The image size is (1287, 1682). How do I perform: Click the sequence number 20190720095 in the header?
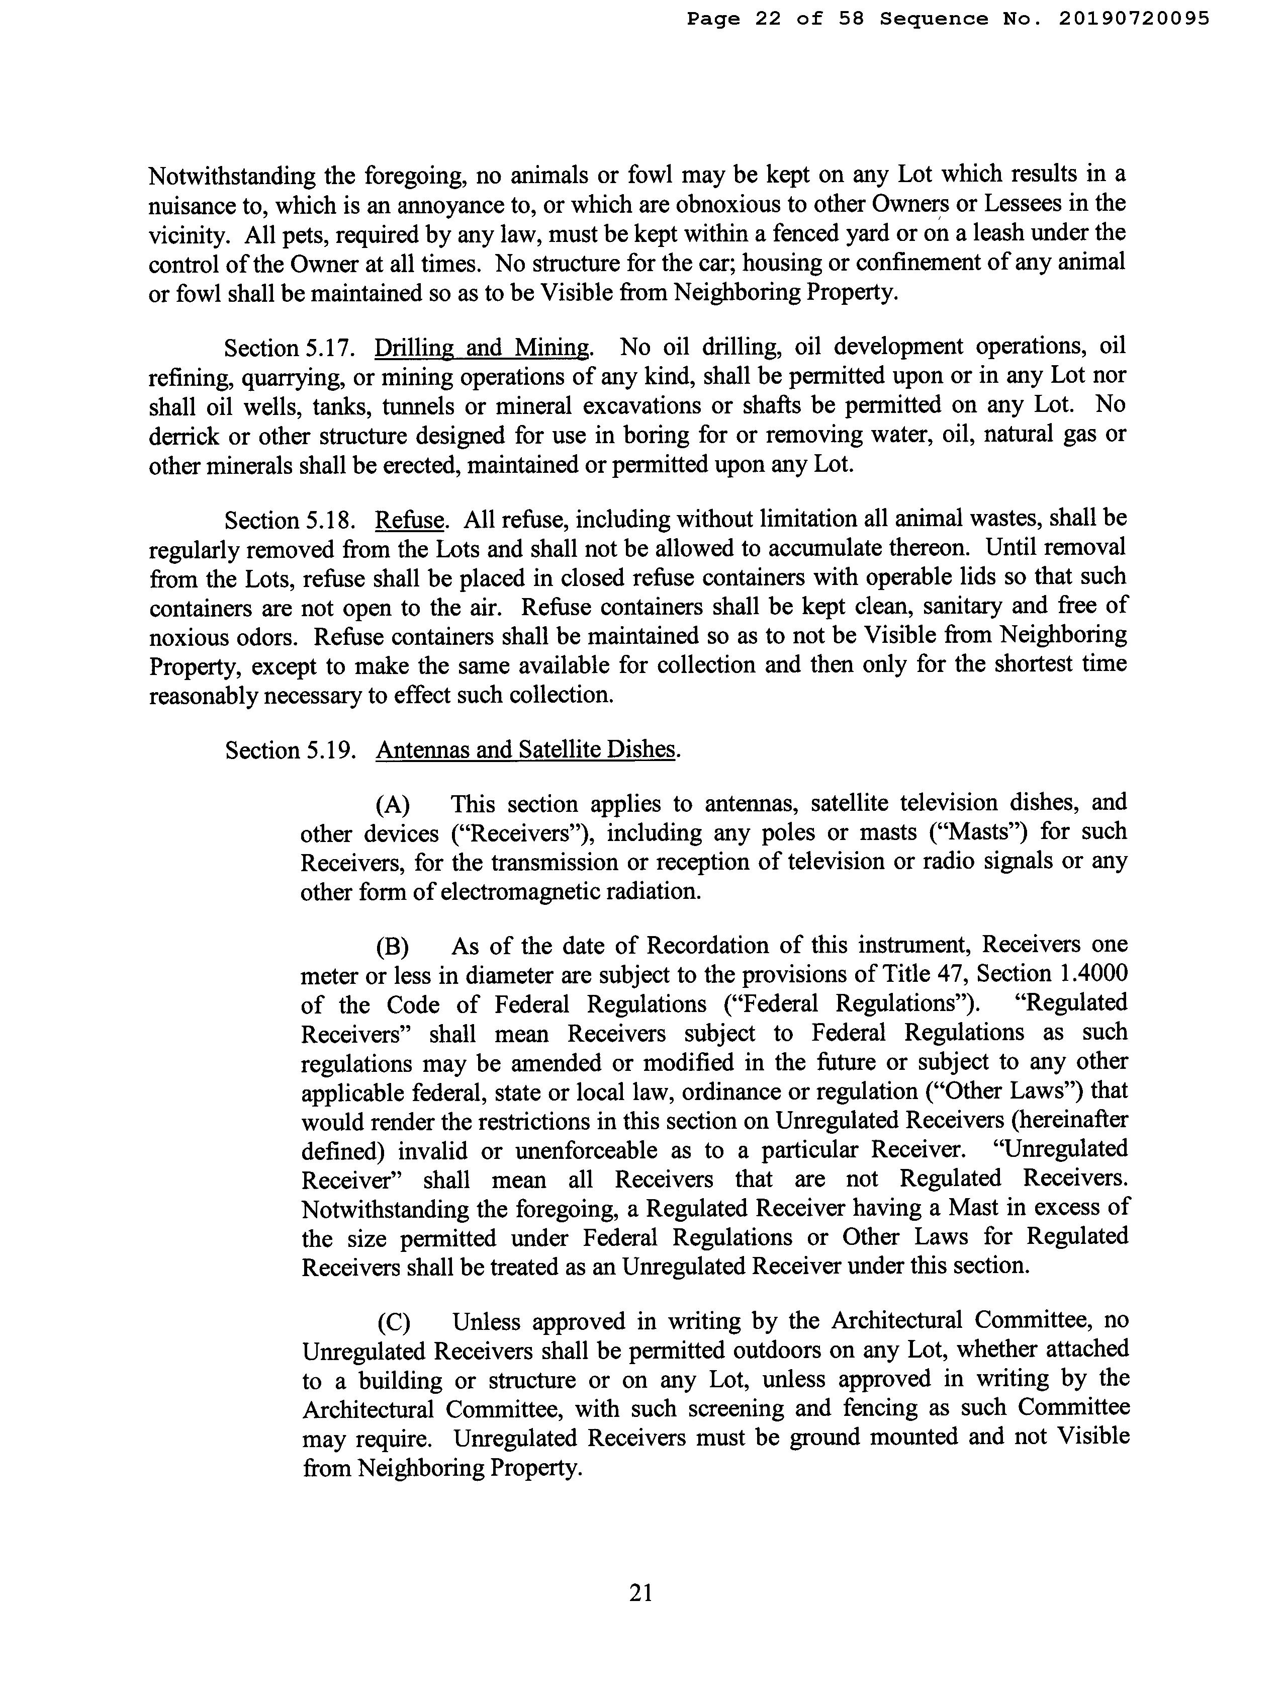pos(1135,19)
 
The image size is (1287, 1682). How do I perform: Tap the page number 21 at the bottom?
pos(640,1593)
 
